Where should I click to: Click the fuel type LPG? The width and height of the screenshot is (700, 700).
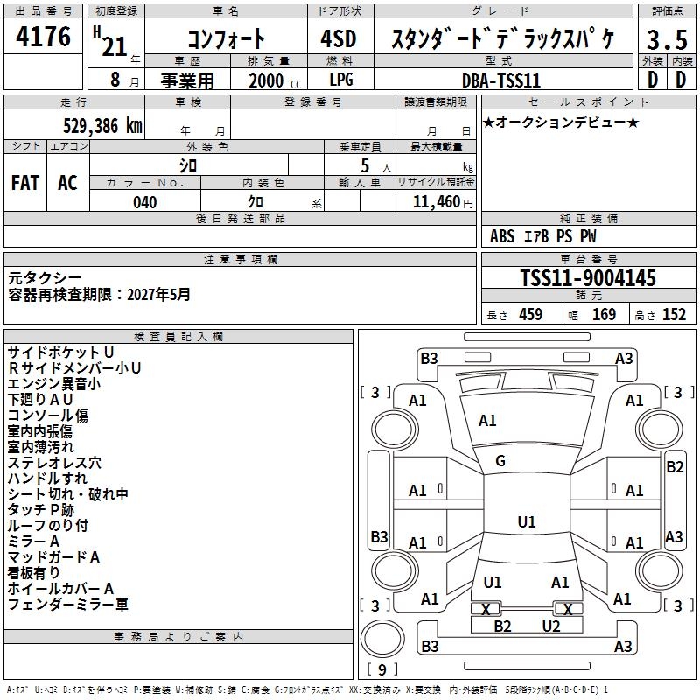[341, 80]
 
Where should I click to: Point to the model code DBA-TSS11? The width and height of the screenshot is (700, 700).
[501, 80]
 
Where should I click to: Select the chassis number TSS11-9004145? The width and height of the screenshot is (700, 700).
[587, 278]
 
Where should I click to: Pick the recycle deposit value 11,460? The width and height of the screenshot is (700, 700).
[436, 202]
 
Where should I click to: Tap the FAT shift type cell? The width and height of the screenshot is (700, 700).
[25, 183]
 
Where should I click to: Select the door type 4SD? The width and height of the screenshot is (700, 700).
[340, 39]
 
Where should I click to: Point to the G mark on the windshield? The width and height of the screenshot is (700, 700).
[500, 460]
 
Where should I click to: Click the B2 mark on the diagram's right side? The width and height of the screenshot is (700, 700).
[675, 467]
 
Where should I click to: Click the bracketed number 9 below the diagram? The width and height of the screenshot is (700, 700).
[381, 669]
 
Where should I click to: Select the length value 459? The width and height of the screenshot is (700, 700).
[530, 315]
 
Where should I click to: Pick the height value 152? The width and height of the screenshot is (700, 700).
[673, 315]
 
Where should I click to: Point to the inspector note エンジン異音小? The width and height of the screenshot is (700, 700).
[53, 383]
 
